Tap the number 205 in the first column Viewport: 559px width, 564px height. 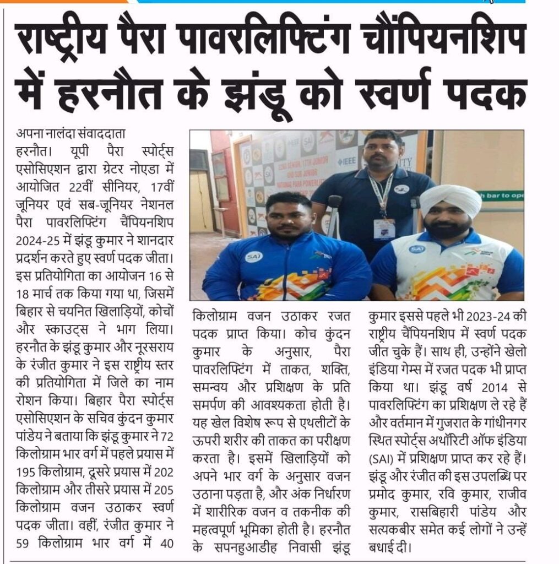pos(163,489)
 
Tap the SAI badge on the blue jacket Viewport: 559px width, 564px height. pos(253,256)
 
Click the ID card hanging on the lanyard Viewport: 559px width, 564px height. pos(384,229)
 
